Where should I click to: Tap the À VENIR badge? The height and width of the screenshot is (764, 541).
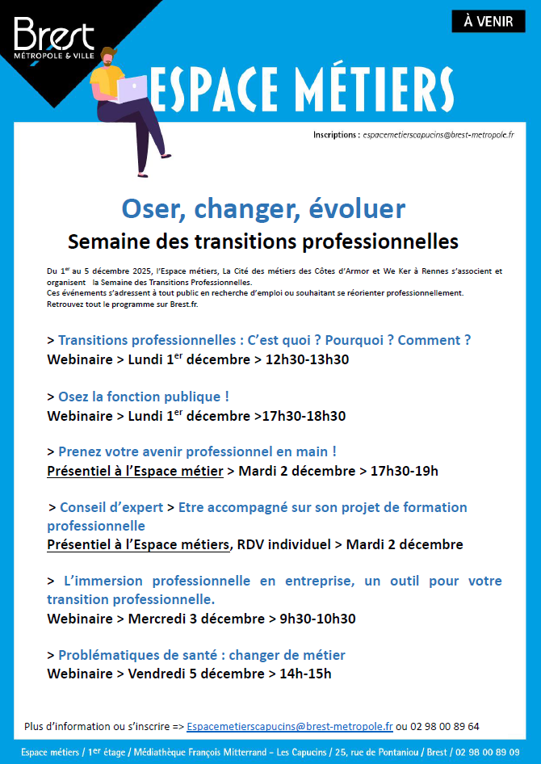[x=489, y=22]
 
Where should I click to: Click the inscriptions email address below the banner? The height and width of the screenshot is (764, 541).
[x=438, y=135]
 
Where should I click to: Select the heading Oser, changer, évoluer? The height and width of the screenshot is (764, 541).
[x=263, y=208]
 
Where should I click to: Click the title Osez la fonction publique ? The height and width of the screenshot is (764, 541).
[x=144, y=397]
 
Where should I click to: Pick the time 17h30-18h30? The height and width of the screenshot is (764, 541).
[x=303, y=416]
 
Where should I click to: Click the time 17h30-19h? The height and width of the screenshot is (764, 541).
[x=404, y=471]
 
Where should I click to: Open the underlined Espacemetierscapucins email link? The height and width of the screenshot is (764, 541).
[x=289, y=727]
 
